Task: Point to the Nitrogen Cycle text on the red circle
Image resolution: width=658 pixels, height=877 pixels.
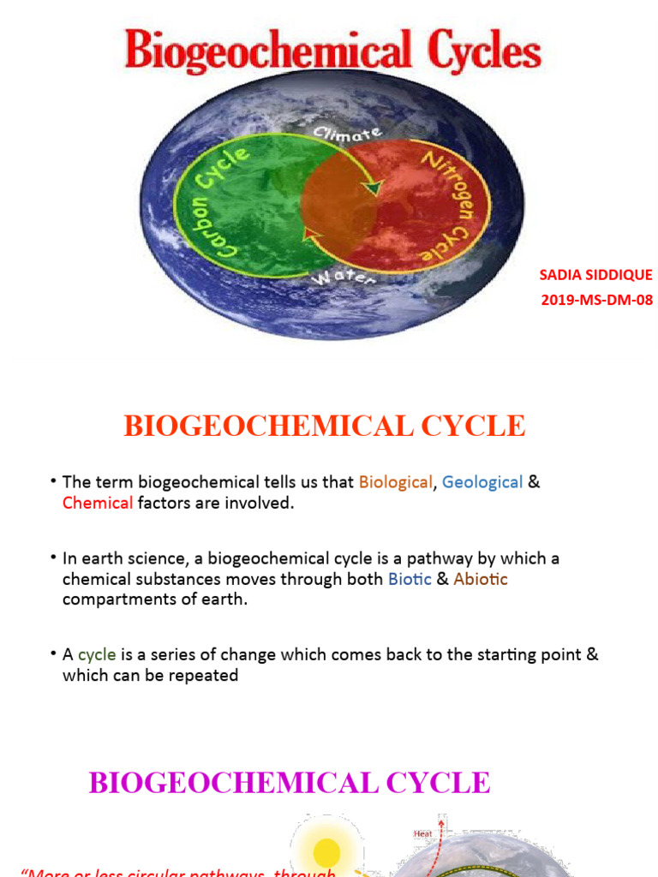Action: [x=450, y=206]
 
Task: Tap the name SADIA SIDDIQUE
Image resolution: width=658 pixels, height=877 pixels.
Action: [x=595, y=275]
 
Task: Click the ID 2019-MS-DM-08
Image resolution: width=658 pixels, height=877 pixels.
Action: [x=595, y=300]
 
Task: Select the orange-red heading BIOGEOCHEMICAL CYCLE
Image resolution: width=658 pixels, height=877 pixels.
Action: [x=324, y=426]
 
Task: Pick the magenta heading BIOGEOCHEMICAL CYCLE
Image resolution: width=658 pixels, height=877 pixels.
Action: [x=289, y=782]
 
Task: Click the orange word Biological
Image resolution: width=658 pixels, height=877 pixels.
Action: [x=395, y=482]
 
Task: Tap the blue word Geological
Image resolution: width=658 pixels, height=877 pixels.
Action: [x=482, y=482]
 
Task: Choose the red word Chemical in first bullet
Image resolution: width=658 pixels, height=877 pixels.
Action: [x=98, y=504]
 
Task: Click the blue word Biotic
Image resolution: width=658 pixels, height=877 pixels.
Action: [x=410, y=579]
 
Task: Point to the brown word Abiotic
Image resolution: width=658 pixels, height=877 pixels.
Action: [x=480, y=579]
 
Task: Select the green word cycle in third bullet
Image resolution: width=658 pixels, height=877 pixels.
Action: [x=97, y=655]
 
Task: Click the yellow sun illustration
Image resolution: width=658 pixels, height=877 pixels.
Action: [x=326, y=852]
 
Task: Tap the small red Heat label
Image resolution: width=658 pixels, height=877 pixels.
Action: [x=423, y=832]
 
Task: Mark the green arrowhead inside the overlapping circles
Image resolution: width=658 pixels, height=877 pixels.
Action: [x=371, y=188]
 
